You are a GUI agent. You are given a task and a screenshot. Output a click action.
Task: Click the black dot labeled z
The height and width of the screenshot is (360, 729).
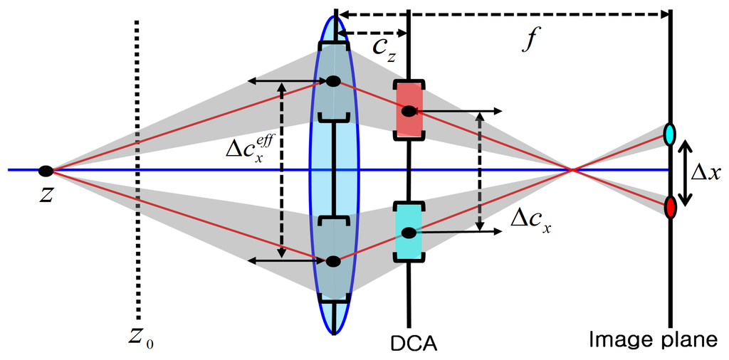tap(46, 171)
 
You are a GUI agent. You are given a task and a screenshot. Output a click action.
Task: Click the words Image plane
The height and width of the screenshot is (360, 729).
tap(653, 342)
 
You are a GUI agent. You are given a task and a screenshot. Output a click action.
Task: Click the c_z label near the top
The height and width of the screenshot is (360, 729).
tap(383, 48)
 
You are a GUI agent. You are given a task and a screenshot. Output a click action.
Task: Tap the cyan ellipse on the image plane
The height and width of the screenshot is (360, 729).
tap(669, 134)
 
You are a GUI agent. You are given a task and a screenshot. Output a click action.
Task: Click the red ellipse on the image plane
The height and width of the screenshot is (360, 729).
tap(670, 208)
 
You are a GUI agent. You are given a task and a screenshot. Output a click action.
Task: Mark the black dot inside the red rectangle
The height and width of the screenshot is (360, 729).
tap(408, 111)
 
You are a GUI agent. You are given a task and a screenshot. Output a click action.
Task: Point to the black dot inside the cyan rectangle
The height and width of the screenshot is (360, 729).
tap(408, 233)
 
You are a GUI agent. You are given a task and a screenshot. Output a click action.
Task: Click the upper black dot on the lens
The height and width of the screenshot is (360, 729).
tap(333, 82)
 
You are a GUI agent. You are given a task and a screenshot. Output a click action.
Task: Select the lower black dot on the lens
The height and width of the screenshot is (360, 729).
tap(333, 261)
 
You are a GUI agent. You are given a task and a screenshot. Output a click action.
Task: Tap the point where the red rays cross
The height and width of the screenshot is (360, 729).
tap(572, 170)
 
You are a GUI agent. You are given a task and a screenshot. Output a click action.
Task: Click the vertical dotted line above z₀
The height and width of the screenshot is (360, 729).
tap(137, 171)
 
